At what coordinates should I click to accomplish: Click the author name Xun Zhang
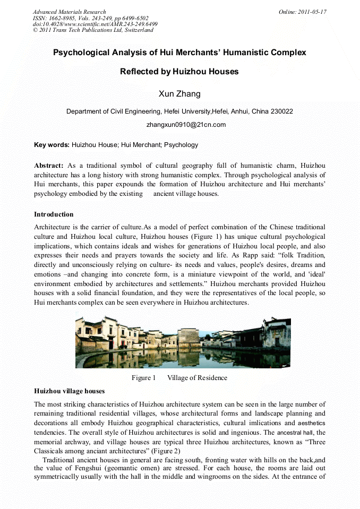coord(179,94)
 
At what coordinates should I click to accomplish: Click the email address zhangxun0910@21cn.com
coord(186,125)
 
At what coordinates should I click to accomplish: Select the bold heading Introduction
coord(54,214)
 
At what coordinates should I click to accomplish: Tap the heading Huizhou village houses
coord(69,391)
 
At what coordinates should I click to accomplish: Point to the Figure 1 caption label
coord(143,378)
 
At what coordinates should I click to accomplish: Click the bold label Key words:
coord(52,144)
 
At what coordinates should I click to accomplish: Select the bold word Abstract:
coord(49,166)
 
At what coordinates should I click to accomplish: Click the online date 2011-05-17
coord(313,12)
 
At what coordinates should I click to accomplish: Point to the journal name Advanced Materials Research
coord(69,12)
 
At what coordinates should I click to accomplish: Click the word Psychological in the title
coord(86,53)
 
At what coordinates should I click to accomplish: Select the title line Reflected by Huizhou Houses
coord(179,72)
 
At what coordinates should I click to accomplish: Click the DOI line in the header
coord(95,24)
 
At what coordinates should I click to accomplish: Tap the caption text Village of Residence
coord(197,378)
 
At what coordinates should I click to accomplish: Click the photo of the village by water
coord(183,342)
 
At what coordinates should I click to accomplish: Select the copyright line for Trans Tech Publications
coord(93,30)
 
